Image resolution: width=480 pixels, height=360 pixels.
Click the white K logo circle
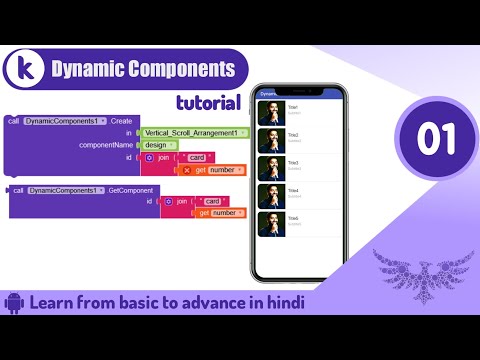point(24,70)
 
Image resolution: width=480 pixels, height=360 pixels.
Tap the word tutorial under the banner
point(207,101)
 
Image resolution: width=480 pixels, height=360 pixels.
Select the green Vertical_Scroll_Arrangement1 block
point(192,133)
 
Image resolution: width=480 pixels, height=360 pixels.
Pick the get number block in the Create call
point(218,170)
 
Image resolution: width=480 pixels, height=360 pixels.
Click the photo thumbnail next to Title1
point(270,113)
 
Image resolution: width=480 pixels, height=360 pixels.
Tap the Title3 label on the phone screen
point(293,163)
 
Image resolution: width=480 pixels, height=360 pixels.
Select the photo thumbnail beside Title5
point(270,225)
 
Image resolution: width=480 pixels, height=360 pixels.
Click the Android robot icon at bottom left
point(14,302)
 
